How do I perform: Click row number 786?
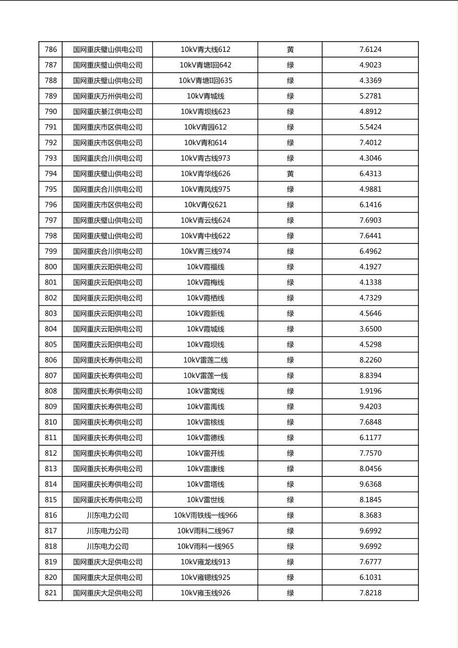(x=51, y=50)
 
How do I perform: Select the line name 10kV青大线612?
(x=205, y=50)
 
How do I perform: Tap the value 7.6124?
(x=370, y=50)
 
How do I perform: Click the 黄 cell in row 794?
(x=290, y=174)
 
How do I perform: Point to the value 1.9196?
(x=370, y=391)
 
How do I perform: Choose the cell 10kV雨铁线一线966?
(x=205, y=516)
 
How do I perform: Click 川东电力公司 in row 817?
(x=107, y=531)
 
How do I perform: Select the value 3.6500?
(x=370, y=329)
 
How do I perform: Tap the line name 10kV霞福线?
(x=205, y=267)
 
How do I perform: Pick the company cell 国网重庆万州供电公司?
(x=107, y=96)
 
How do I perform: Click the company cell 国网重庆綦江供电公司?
(x=107, y=112)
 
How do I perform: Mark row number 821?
(x=51, y=593)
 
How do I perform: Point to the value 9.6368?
(x=370, y=484)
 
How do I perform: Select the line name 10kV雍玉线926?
(x=205, y=593)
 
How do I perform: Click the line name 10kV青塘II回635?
(x=205, y=81)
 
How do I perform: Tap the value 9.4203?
(x=370, y=407)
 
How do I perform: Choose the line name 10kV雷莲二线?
(x=205, y=360)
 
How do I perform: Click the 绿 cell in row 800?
(x=290, y=267)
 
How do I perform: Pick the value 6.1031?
(x=370, y=578)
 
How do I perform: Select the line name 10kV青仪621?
(x=205, y=205)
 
